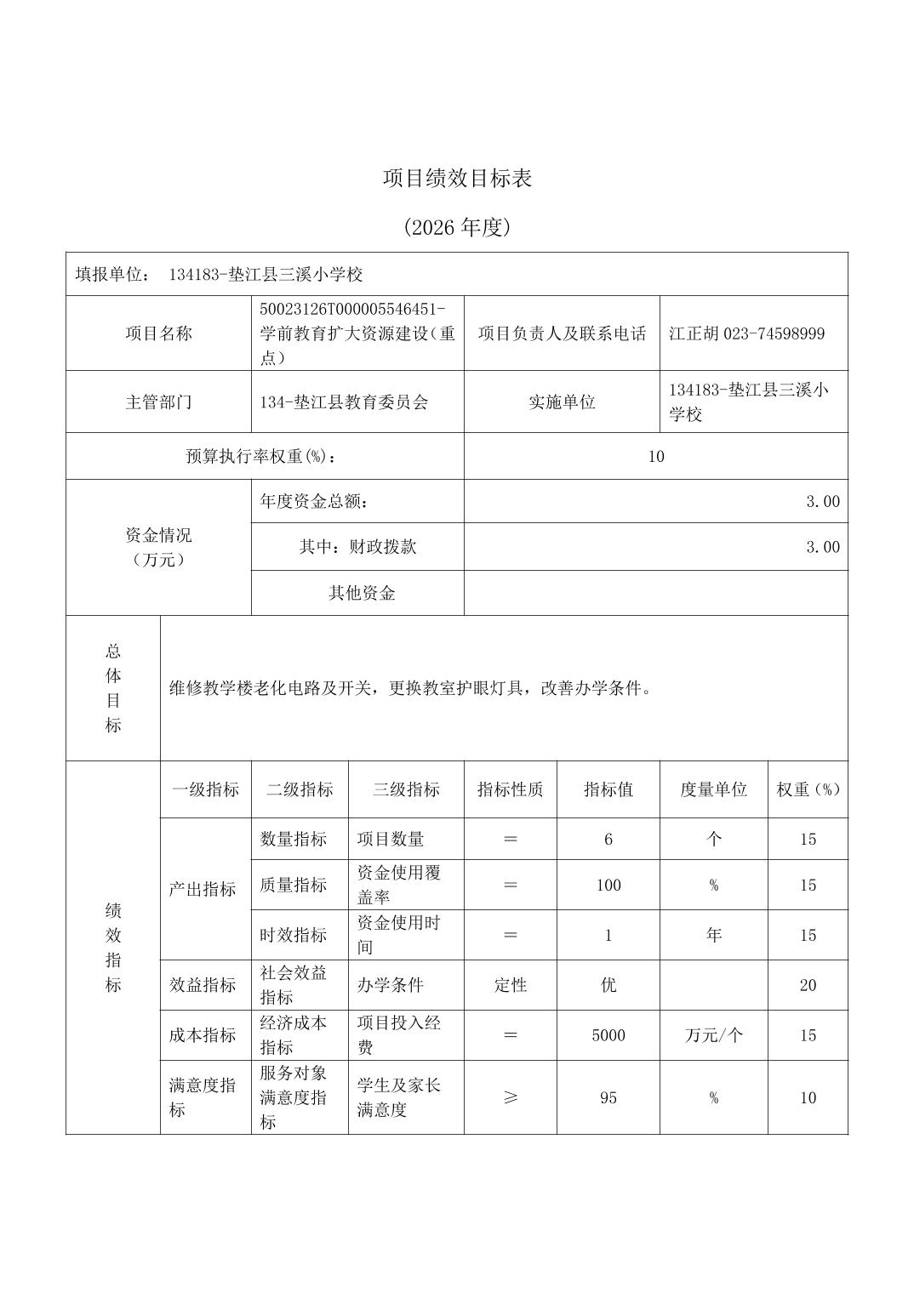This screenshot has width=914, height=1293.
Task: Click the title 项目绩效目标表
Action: click(x=457, y=179)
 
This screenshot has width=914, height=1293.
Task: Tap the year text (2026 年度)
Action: click(x=457, y=227)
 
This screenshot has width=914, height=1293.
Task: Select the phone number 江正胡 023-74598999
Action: click(x=746, y=333)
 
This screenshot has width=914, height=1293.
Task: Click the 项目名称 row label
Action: click(x=158, y=333)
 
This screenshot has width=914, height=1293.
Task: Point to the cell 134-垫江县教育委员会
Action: click(x=344, y=402)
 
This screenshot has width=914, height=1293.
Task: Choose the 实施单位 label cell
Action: click(x=562, y=402)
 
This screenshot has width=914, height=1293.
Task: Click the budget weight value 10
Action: click(x=655, y=457)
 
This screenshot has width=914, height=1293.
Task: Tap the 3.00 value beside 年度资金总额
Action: click(x=822, y=502)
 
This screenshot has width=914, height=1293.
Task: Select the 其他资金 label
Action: click(x=362, y=593)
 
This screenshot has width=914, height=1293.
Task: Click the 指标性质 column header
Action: click(x=510, y=789)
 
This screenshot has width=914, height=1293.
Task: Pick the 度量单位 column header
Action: click(x=713, y=789)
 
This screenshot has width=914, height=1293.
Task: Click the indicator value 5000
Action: click(x=608, y=1035)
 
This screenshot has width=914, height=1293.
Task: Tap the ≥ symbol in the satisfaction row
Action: click(x=510, y=1097)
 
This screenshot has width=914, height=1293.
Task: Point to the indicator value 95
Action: click(x=608, y=1097)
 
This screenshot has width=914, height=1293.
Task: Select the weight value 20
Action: click(x=808, y=985)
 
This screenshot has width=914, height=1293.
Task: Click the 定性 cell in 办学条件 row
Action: click(x=510, y=985)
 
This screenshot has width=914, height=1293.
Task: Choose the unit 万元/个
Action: click(x=713, y=1035)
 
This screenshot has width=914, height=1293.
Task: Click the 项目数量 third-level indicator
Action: click(x=390, y=840)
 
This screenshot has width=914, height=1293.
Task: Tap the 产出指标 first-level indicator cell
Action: click(x=202, y=889)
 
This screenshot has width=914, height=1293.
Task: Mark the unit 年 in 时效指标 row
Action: click(x=713, y=935)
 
